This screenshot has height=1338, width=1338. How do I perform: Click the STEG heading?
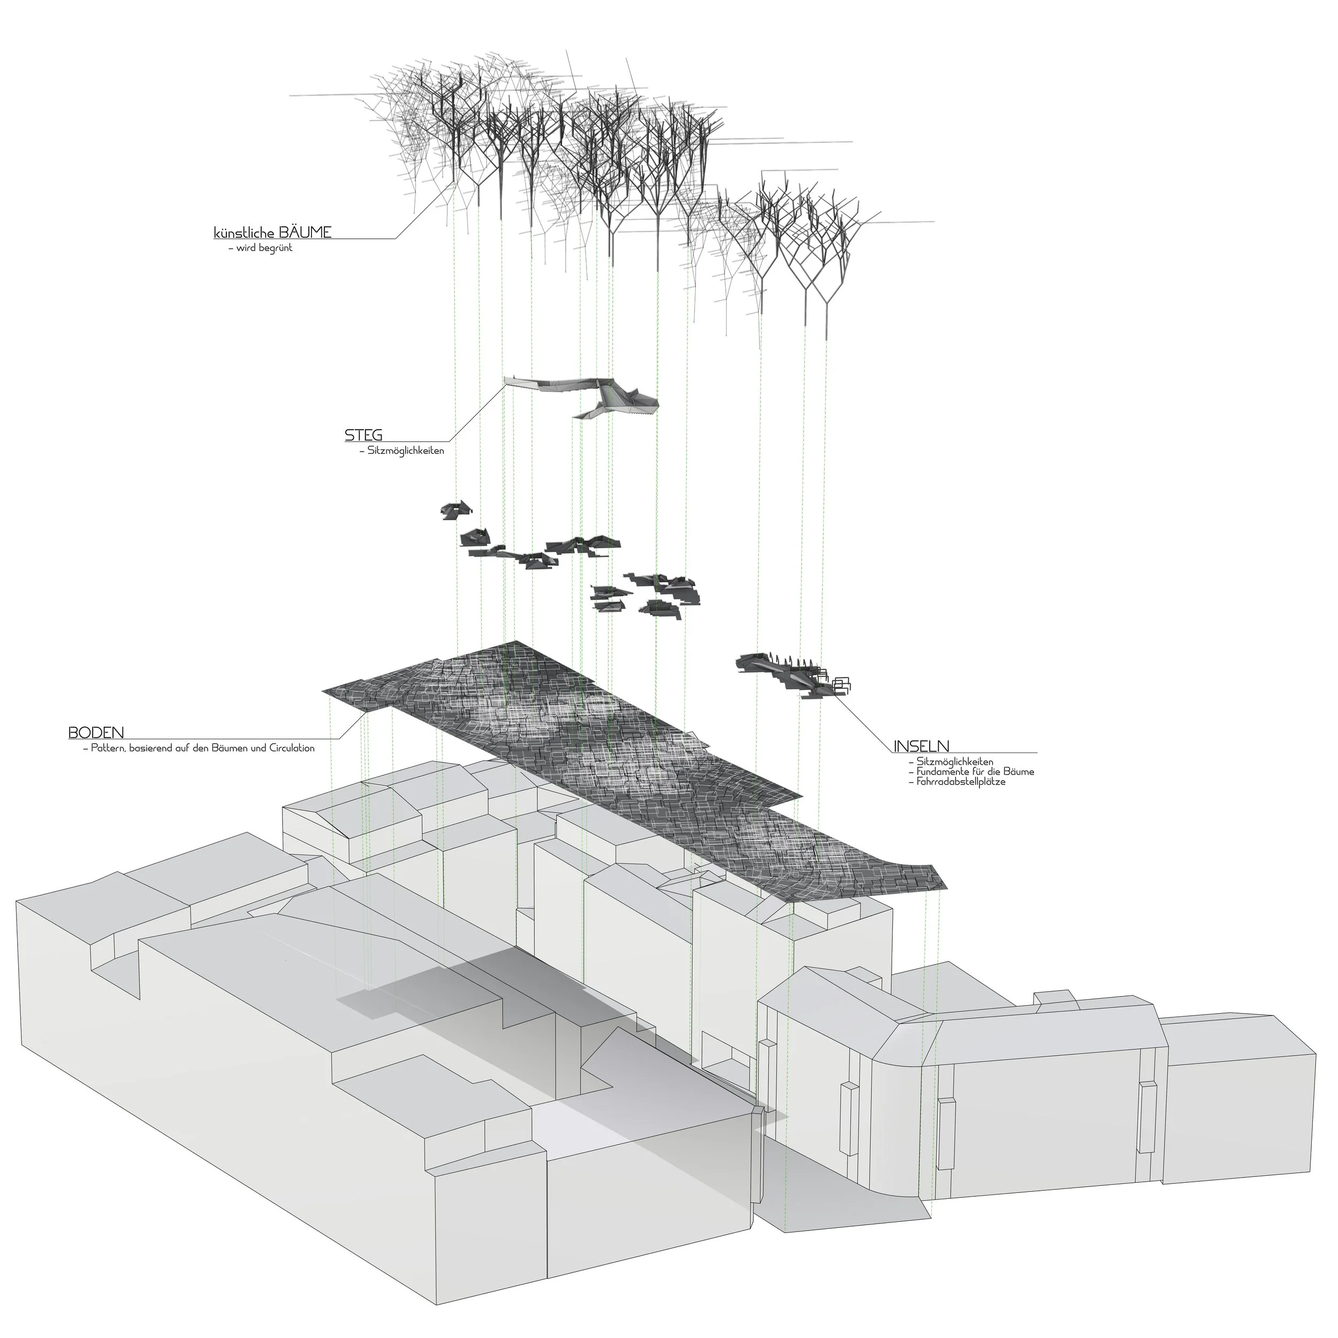coord(363,435)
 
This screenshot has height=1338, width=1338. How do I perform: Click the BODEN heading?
coord(96,732)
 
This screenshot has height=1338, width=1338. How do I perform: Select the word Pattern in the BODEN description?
coord(108,748)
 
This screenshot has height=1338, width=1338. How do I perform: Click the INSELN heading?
coord(921,746)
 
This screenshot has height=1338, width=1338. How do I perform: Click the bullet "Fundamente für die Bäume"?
coord(975,772)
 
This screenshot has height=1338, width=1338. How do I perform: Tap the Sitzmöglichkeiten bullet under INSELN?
coord(954,762)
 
